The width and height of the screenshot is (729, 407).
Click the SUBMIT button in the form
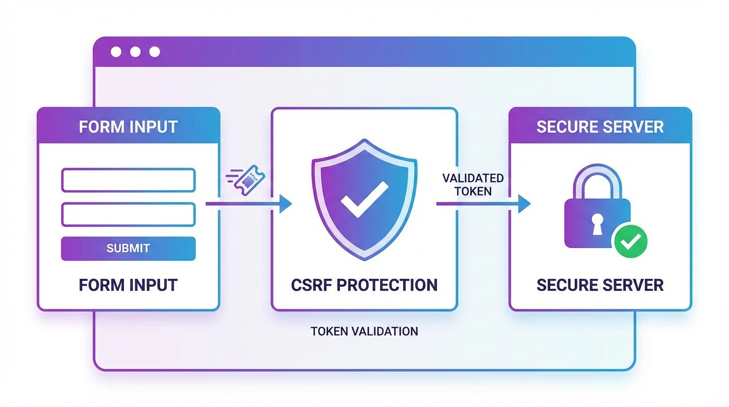pyautogui.click(x=128, y=249)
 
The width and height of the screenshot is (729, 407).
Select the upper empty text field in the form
pyautogui.click(x=128, y=180)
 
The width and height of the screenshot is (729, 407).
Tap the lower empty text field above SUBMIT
pyautogui.click(x=128, y=214)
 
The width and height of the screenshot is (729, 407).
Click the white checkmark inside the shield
pyautogui.click(x=364, y=203)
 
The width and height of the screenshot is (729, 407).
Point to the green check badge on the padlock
pyautogui.click(x=630, y=241)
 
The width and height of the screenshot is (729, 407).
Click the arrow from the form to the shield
pyautogui.click(x=249, y=203)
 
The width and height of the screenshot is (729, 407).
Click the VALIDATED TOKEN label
pyautogui.click(x=473, y=184)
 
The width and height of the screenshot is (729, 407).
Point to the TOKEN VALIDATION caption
pyautogui.click(x=364, y=332)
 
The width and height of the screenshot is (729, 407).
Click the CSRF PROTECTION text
pyautogui.click(x=364, y=285)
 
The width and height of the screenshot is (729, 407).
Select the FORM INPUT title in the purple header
pyautogui.click(x=128, y=127)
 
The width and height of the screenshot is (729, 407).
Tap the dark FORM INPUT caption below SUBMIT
pyautogui.click(x=128, y=285)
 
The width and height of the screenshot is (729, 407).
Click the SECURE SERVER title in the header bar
pyautogui.click(x=600, y=127)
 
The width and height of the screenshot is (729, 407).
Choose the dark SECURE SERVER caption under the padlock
pyautogui.click(x=600, y=285)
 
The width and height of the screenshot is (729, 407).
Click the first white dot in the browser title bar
pyautogui.click(x=116, y=52)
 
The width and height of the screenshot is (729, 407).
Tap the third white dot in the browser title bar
pyautogui.click(x=154, y=52)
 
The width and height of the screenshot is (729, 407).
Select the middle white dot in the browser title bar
pyautogui.click(x=135, y=52)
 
